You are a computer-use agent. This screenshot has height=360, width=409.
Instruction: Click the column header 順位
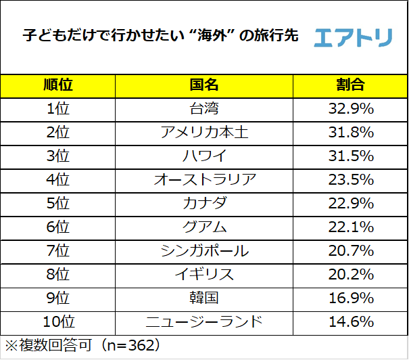pos(58,85)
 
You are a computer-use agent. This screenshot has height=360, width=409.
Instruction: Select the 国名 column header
pos(204,85)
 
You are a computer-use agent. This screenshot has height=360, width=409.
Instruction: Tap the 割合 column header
pos(350,85)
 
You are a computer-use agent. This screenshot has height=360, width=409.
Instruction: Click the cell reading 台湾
pos(204,108)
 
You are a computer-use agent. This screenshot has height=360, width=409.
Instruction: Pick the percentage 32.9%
pos(350,108)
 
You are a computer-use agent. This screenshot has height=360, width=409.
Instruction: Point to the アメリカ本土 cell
pos(204,132)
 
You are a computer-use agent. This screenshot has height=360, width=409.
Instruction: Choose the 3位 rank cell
pos(58,156)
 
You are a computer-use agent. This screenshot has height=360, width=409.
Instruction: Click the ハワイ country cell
pos(204,156)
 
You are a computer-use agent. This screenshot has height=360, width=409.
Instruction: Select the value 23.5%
pos(350,179)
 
